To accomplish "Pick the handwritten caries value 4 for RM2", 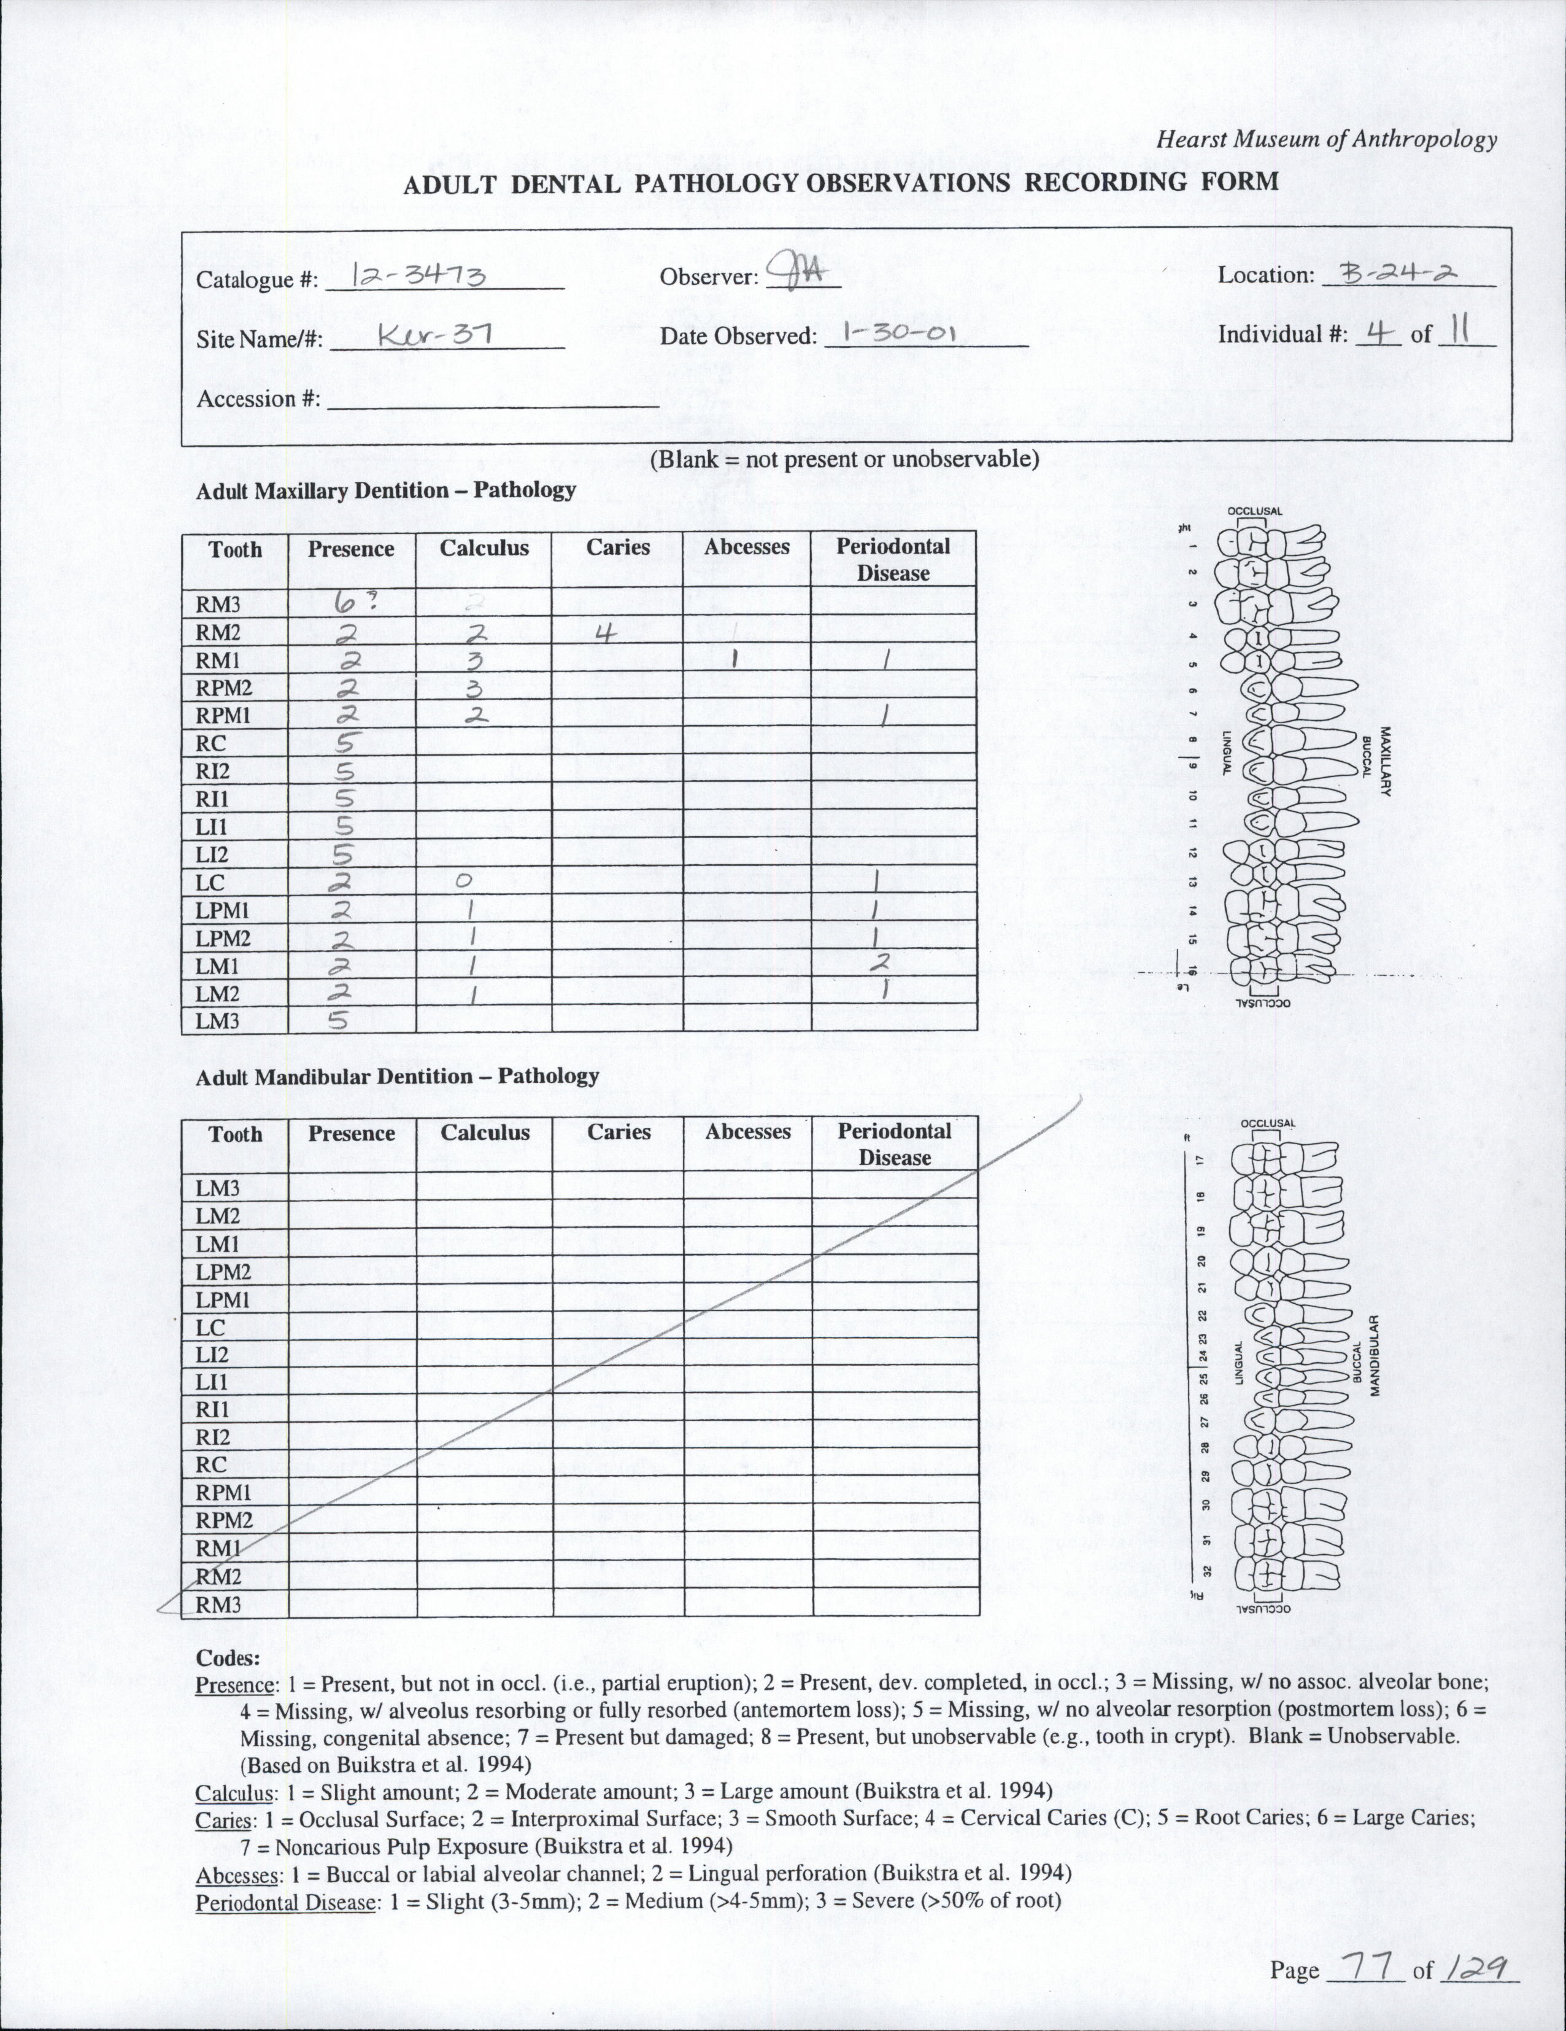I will pyautogui.click(x=606, y=634).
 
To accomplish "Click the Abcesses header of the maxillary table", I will pyautogui.click(x=747, y=547).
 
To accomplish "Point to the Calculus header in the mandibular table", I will pyautogui.click(x=485, y=1132).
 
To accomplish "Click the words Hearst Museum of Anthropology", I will pyautogui.click(x=1326, y=139).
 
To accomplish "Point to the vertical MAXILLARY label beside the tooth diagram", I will pyautogui.click(x=1384, y=760).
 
